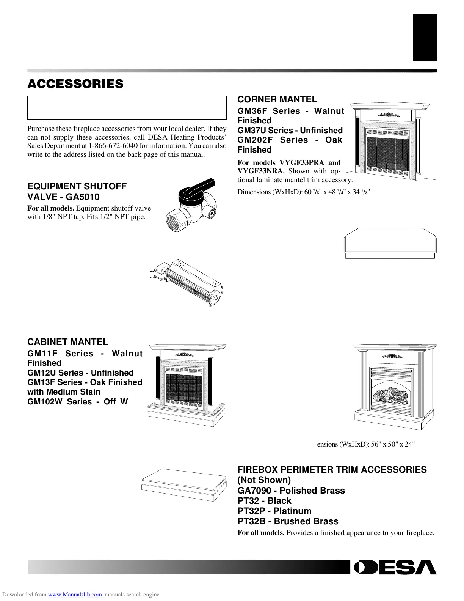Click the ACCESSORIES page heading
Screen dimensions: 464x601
75,84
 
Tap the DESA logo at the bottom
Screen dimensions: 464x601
395,567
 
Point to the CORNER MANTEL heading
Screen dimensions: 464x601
277,100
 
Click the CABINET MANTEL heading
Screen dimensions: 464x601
67,342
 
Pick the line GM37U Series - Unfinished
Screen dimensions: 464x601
290,131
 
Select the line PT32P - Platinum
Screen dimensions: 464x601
274,511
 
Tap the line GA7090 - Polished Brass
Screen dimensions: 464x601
291,491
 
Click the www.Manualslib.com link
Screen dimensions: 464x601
75,595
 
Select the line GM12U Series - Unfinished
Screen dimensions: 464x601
80,373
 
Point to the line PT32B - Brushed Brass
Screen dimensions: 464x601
288,521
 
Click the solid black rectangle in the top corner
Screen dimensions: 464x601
425,38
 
